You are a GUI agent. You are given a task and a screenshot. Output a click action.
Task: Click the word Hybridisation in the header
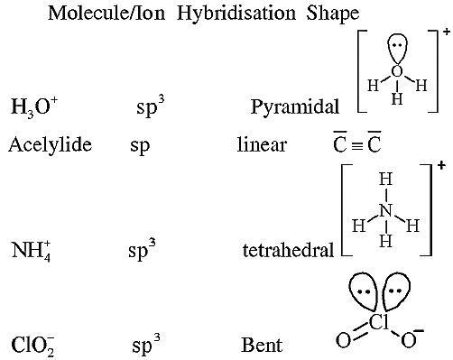click(236, 14)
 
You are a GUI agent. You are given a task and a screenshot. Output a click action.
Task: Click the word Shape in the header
click(333, 14)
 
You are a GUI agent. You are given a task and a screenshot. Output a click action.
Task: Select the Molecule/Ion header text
click(106, 14)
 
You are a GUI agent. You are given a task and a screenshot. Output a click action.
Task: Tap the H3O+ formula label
click(34, 106)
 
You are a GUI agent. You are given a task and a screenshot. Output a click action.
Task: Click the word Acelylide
click(51, 144)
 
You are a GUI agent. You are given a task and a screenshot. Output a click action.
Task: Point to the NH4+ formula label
click(31, 251)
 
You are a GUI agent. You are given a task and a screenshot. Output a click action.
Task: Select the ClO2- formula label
click(32, 345)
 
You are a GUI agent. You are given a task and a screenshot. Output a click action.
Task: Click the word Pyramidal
click(295, 106)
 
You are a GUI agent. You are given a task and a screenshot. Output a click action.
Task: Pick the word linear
click(262, 144)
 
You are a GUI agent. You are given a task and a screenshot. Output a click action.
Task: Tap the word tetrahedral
click(288, 250)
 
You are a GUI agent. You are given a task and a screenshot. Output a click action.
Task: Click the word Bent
click(262, 345)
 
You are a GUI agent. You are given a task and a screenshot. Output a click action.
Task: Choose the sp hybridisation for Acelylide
click(140, 146)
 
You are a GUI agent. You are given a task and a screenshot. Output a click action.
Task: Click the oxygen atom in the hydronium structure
click(397, 71)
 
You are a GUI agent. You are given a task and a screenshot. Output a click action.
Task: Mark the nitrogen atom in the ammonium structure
click(386, 210)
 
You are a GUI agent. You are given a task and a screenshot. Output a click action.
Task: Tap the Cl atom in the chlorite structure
click(379, 322)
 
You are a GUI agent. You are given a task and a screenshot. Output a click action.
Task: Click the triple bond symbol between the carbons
click(357, 145)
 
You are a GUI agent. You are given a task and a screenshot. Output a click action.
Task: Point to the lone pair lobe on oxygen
click(397, 49)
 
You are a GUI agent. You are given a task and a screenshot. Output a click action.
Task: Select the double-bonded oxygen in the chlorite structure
click(343, 340)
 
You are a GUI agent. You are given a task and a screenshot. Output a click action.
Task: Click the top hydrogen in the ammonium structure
click(386, 180)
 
